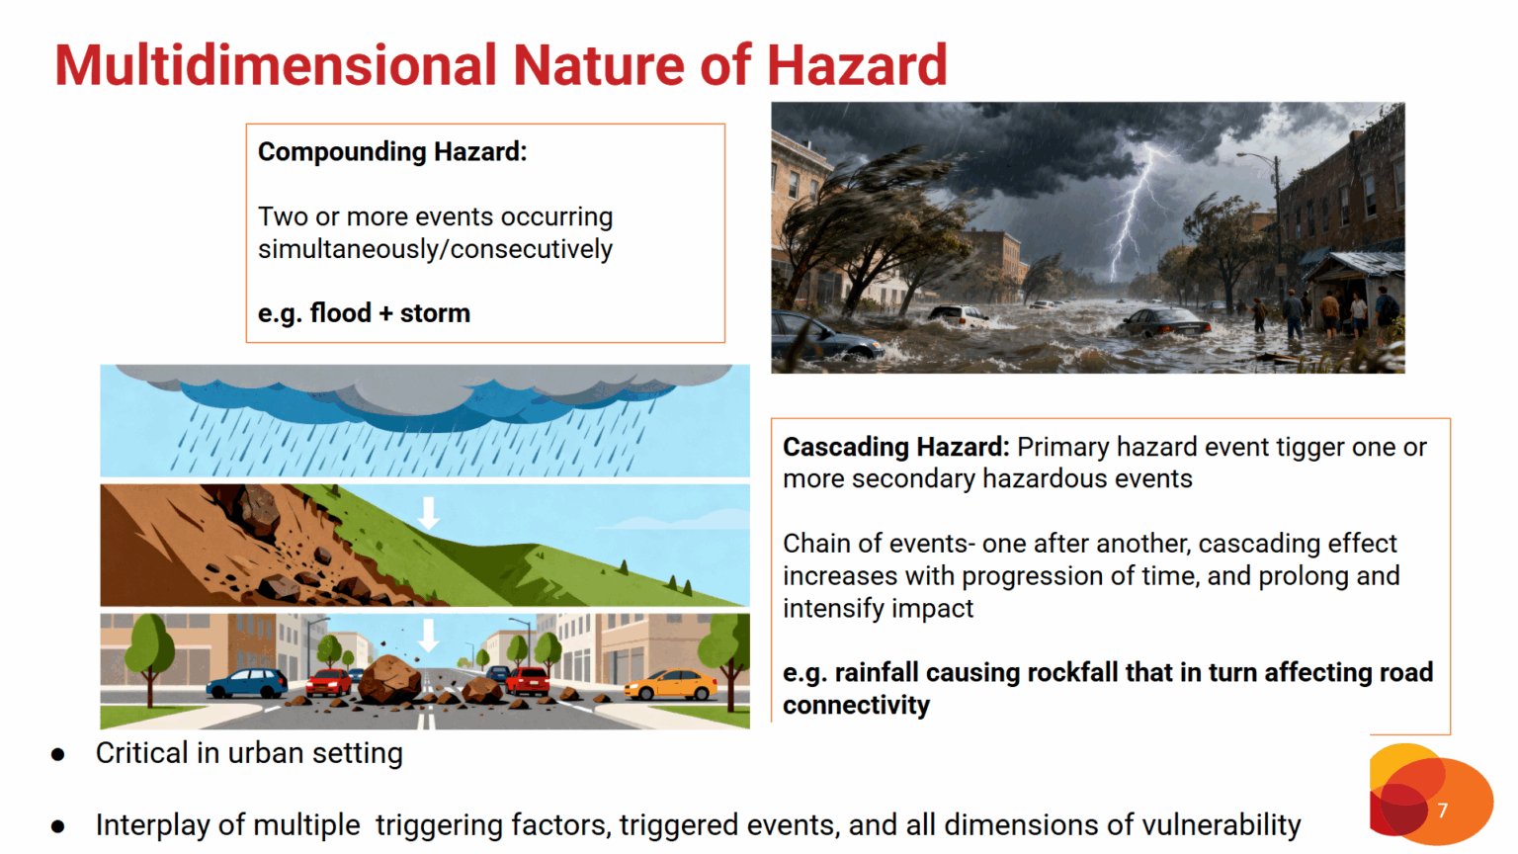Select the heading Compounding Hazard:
point(392,152)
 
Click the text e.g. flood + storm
point(364,313)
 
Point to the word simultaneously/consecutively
point(435,249)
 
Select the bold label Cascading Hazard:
point(896,448)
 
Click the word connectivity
point(857,706)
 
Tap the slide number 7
point(1442,810)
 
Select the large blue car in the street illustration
point(247,683)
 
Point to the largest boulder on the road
point(389,679)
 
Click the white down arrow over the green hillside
point(428,513)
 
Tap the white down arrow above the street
point(428,636)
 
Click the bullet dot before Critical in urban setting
point(58,754)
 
